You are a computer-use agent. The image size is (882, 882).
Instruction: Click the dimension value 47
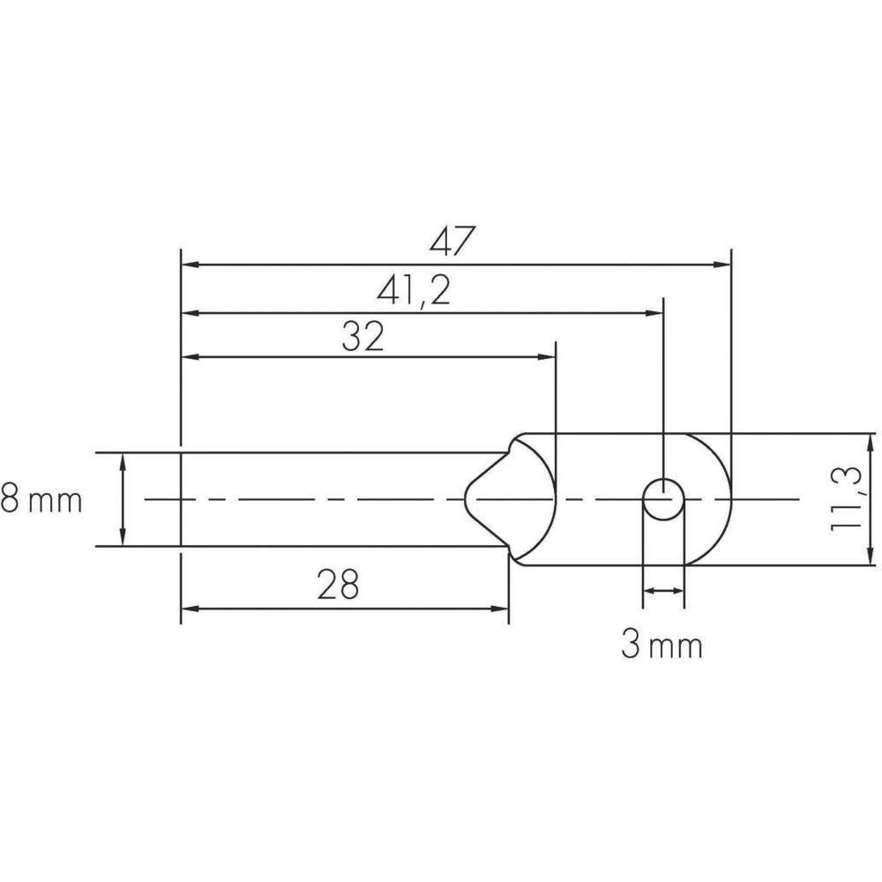click(x=452, y=242)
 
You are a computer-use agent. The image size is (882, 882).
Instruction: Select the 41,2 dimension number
click(x=415, y=290)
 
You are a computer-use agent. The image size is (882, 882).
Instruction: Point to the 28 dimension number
click(x=338, y=586)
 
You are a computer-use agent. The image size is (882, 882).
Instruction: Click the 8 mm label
click(x=41, y=501)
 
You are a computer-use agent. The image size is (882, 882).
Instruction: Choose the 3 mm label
click(x=661, y=647)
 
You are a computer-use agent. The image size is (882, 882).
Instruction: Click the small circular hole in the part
click(x=662, y=499)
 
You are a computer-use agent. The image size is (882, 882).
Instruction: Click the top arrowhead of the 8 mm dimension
click(x=122, y=460)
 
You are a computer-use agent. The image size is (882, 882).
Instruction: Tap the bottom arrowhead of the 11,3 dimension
click(x=869, y=557)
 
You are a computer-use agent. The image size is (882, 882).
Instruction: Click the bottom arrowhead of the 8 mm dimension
click(x=122, y=539)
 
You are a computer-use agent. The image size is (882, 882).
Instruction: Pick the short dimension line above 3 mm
click(x=662, y=591)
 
